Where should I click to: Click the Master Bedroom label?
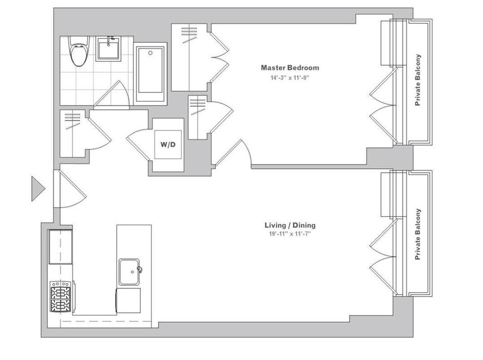tap(290, 67)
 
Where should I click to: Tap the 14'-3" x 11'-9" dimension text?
tap(290, 78)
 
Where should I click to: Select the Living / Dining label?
tap(290, 225)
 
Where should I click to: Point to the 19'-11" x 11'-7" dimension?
tap(290, 234)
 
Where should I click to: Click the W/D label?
tap(168, 144)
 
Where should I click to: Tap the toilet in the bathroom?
tap(78, 51)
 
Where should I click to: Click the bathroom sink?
tap(108, 48)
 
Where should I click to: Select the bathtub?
tap(150, 74)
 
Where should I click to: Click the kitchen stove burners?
tap(61, 296)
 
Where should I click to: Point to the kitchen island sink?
tap(129, 272)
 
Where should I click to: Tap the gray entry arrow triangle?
tap(38, 188)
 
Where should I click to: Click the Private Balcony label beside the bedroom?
tap(418, 80)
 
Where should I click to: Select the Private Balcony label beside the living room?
tap(418, 234)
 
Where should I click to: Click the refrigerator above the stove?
tap(60, 247)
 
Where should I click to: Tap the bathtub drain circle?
tap(150, 53)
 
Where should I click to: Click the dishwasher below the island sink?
tap(128, 301)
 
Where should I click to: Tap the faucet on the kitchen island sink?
tap(139, 270)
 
